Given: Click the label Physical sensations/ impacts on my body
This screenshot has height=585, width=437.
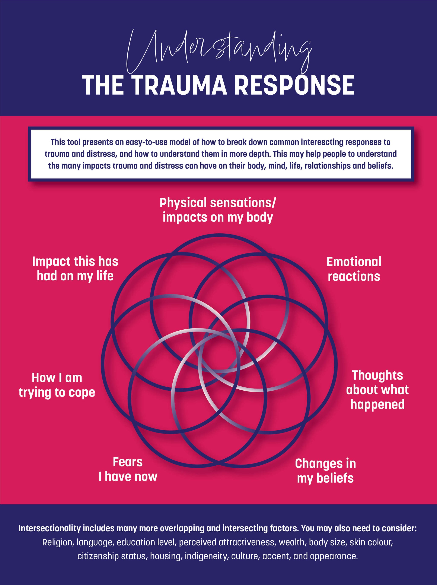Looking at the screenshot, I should click(218, 210).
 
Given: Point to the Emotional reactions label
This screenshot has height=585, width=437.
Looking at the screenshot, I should click(354, 269).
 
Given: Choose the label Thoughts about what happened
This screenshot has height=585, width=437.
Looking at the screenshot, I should click(377, 390).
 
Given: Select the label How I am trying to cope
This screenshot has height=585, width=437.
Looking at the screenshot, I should click(57, 385).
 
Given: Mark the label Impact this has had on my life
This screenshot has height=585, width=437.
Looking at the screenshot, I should click(75, 269).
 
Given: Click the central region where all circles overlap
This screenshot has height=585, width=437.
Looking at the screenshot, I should click(219, 354).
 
